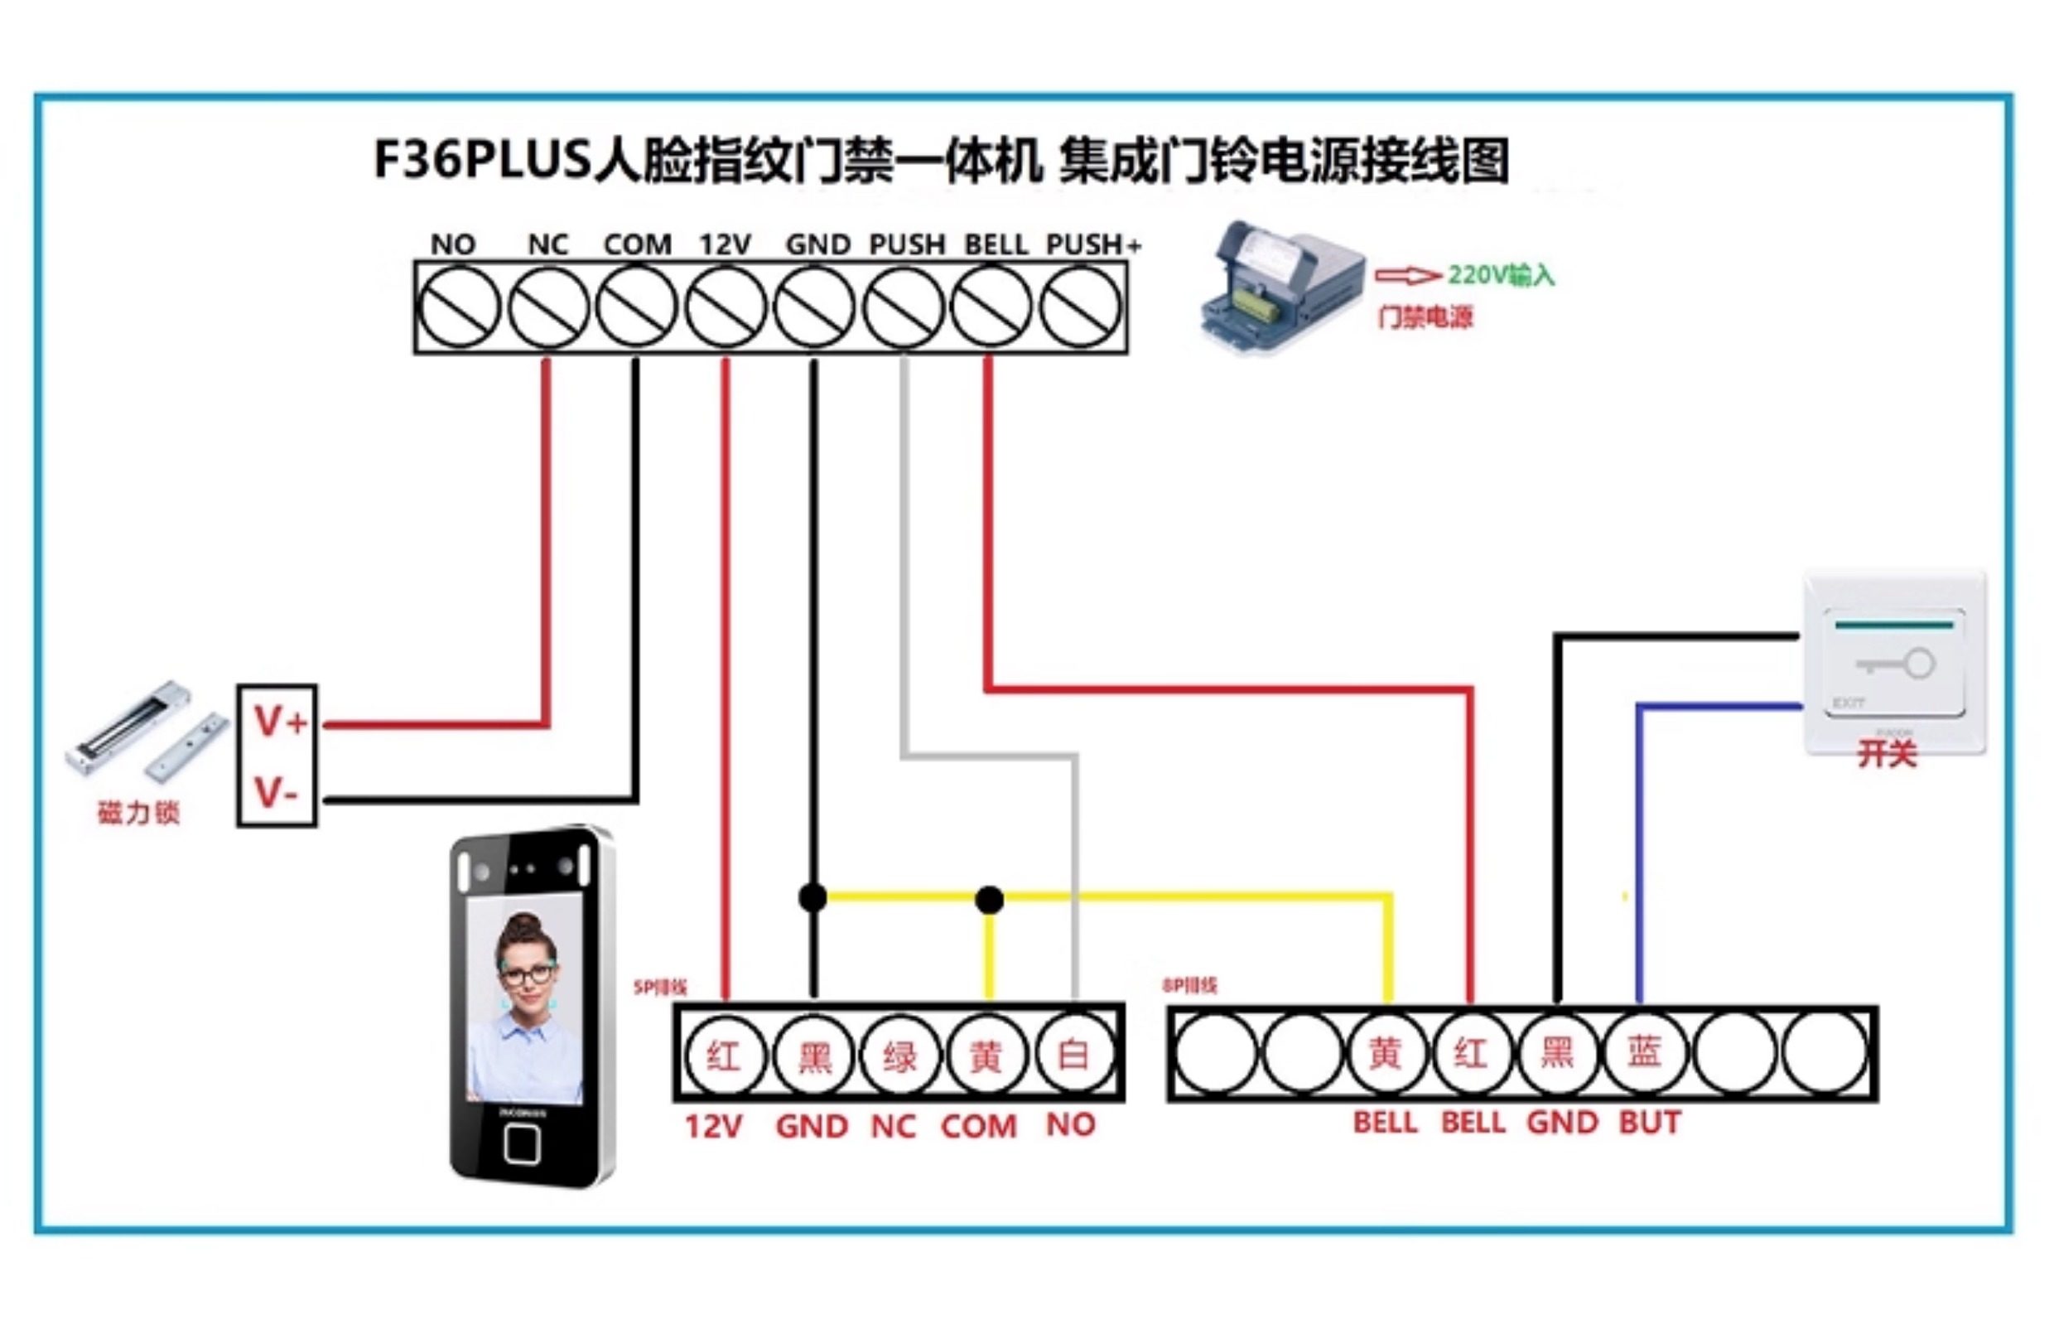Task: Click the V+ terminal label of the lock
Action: click(x=279, y=722)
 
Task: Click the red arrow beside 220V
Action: click(x=1406, y=275)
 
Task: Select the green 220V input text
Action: click(x=1501, y=275)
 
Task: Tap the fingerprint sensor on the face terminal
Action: click(x=522, y=1143)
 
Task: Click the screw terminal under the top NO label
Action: click(x=459, y=307)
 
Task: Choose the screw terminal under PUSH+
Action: click(x=1081, y=307)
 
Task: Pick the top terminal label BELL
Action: click(x=996, y=245)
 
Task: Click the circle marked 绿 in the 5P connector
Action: click(x=899, y=1055)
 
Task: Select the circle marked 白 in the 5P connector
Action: click(x=1073, y=1055)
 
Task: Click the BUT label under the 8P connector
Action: click(x=1650, y=1123)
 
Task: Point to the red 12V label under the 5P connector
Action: click(x=714, y=1125)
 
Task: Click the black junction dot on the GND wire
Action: click(x=812, y=897)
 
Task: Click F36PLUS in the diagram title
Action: click(x=482, y=159)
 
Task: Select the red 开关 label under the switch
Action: click(x=1887, y=754)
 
